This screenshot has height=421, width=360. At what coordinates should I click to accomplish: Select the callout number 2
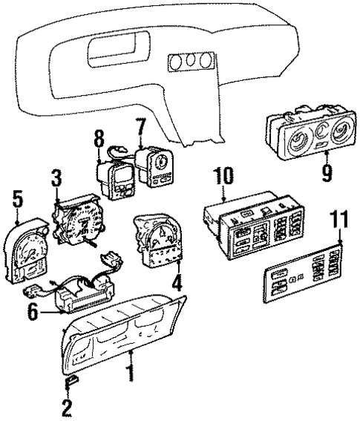coord(68,408)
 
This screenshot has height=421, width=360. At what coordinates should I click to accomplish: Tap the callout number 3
coord(56,177)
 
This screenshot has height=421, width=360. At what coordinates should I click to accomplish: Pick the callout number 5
coord(16,198)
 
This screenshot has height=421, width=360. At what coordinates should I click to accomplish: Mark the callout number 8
coord(99,138)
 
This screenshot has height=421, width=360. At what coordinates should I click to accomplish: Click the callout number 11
coord(339,220)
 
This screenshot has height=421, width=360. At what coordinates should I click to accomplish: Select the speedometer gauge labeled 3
coord(78,218)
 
